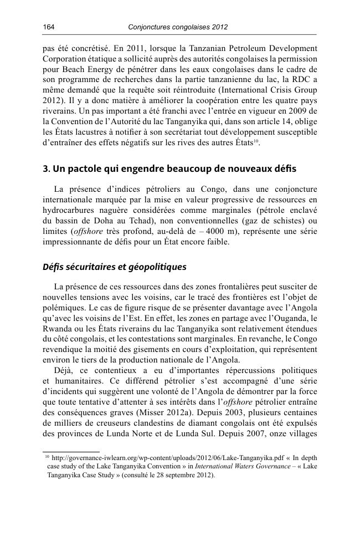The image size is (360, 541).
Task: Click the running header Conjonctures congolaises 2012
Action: point(178,27)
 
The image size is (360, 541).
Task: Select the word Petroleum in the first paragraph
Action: point(234,48)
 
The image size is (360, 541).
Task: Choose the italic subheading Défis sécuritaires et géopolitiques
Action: point(115,267)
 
